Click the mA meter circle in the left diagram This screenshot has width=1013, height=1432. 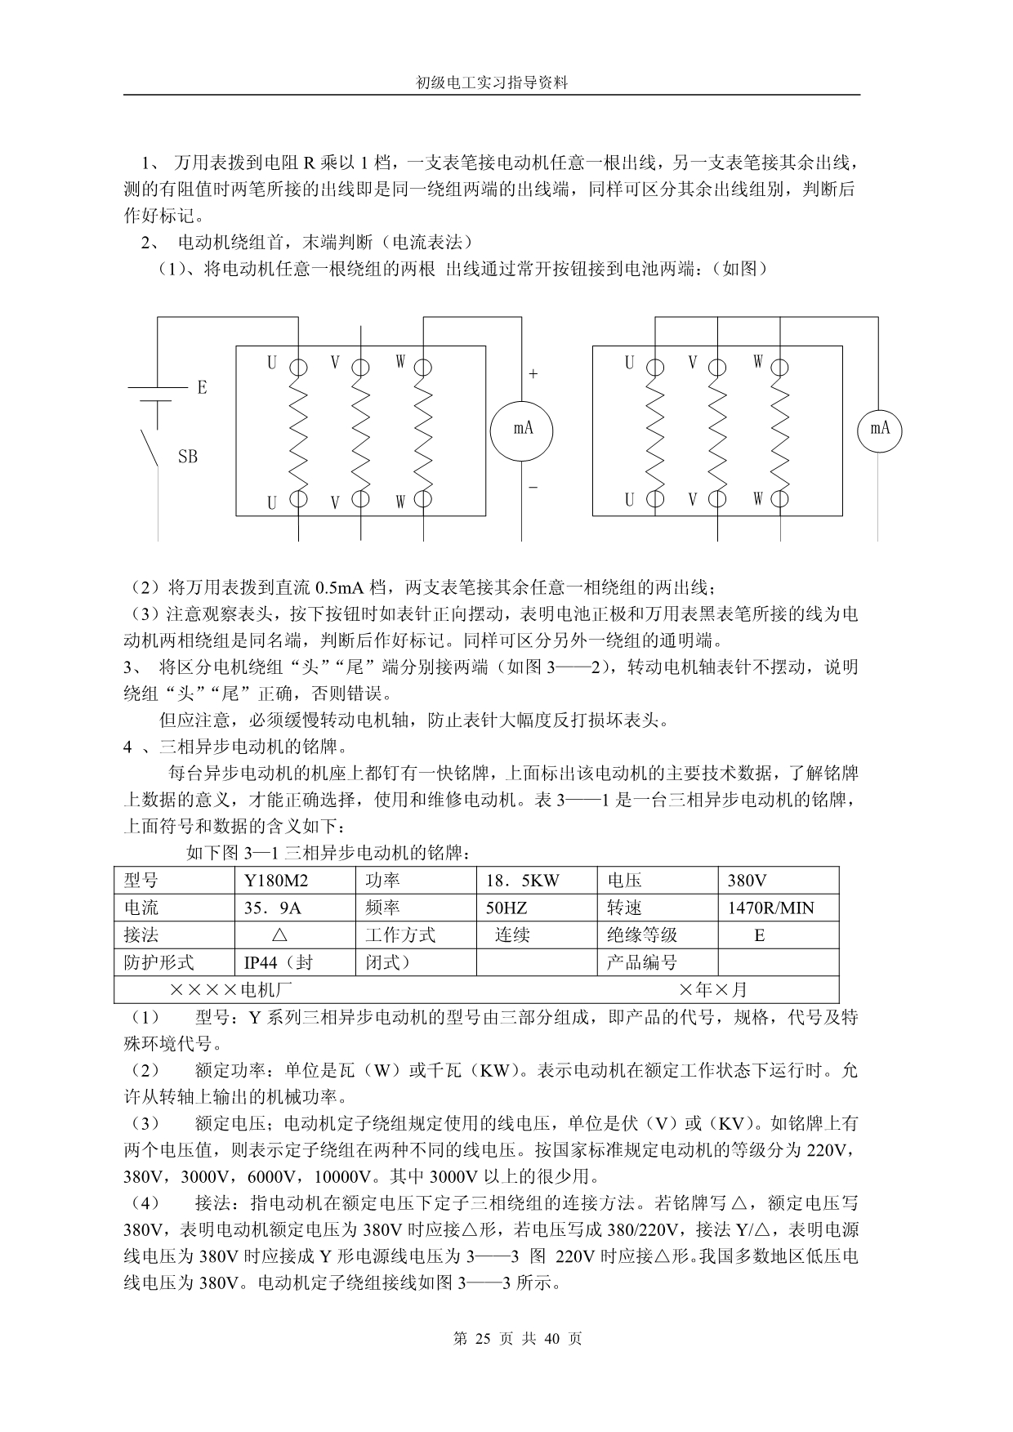click(523, 428)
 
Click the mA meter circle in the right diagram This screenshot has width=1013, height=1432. click(879, 428)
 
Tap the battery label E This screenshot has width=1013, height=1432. click(202, 387)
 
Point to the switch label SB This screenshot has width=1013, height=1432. click(188, 457)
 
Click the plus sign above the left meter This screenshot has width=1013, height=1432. click(533, 374)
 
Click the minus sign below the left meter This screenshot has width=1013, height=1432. click(533, 487)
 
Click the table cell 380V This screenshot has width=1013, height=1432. click(747, 881)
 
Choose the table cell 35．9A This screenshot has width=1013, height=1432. click(273, 908)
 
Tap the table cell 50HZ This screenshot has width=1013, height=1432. click(506, 908)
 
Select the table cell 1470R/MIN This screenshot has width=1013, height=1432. click(770, 908)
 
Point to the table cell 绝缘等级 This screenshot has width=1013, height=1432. click(642, 935)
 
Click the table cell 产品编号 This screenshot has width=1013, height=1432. click(642, 962)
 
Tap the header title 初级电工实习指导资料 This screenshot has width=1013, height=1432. click(491, 83)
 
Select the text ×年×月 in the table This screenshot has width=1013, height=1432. click(712, 990)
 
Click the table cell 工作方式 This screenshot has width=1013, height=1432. click(400, 935)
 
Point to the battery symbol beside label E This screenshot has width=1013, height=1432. click(150, 394)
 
